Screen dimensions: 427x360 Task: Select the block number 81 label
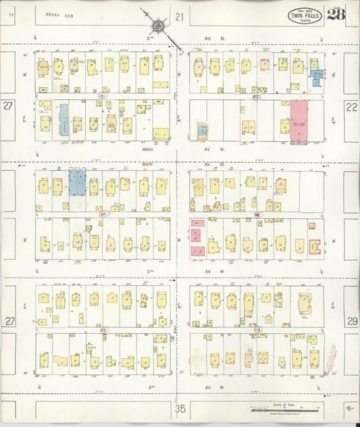pos(103,97)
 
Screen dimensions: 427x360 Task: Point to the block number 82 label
pos(256,97)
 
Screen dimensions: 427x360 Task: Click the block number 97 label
pos(103,214)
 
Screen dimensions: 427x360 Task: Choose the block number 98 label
pos(257,214)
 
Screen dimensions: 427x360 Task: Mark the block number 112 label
pos(103,330)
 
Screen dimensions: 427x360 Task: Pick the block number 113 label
pos(257,330)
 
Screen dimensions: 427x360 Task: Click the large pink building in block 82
pos(299,122)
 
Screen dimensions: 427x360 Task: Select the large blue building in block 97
pos(78,182)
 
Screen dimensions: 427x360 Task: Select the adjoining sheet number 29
pos(351,321)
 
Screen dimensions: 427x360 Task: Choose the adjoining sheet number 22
pos(351,106)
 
